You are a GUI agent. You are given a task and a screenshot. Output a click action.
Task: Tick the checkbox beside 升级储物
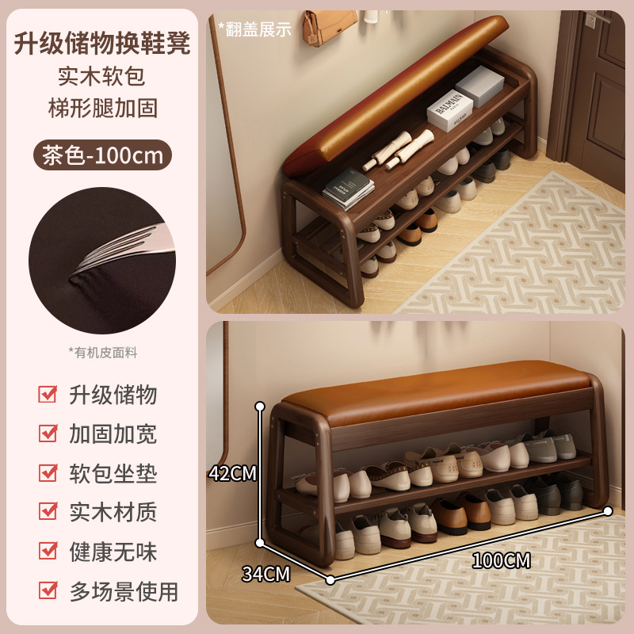coord(48,394)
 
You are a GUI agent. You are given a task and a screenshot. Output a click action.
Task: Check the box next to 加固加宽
coord(48,433)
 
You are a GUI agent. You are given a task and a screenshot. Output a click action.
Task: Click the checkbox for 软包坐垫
coord(48,473)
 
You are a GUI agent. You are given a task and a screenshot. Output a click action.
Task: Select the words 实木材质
coord(113,512)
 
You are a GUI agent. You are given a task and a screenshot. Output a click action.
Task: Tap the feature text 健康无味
coord(113,552)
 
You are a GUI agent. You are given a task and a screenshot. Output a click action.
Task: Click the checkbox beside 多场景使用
coord(48,590)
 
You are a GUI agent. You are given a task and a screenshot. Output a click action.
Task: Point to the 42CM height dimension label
coord(233,473)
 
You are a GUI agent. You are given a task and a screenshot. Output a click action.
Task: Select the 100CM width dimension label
coord(501,560)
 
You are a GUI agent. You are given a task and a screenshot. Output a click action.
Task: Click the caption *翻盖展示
coord(255,29)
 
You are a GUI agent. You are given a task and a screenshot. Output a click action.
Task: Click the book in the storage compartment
coord(349,190)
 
